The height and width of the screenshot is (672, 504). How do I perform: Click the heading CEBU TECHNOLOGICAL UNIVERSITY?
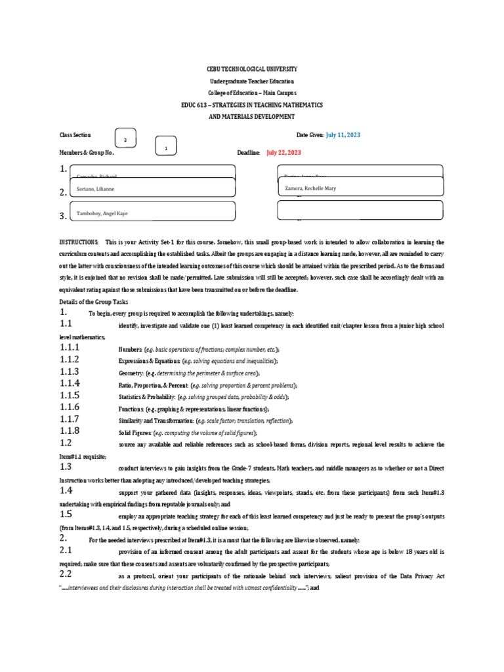click(252, 69)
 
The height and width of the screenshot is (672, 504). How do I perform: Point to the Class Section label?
click(75, 135)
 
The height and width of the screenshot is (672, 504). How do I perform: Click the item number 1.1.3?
click(69, 372)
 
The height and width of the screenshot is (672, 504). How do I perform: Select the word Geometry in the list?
click(131, 373)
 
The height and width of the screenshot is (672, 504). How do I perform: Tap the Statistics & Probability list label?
click(147, 397)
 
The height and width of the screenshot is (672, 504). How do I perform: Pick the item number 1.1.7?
click(69, 419)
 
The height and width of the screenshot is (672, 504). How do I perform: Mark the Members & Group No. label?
click(87, 152)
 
